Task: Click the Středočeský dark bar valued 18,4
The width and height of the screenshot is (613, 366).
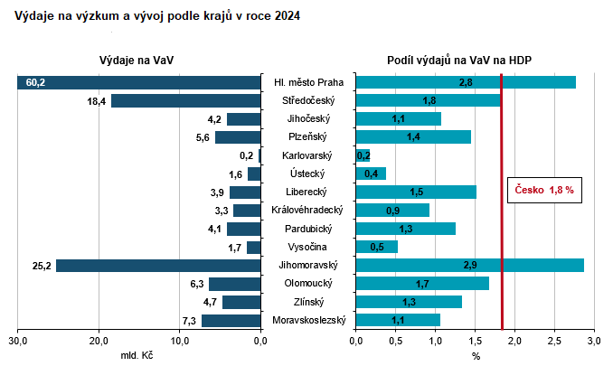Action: tap(185, 100)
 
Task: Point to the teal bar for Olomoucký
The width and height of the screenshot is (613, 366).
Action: tap(422, 284)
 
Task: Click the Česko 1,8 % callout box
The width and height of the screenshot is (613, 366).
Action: tap(544, 191)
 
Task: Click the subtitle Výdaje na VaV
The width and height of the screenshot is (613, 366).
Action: tap(137, 60)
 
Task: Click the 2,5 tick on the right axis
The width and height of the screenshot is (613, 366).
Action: tap(554, 341)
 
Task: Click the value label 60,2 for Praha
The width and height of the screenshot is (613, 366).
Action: tap(36, 82)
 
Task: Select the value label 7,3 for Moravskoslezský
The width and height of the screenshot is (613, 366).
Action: tap(189, 320)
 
